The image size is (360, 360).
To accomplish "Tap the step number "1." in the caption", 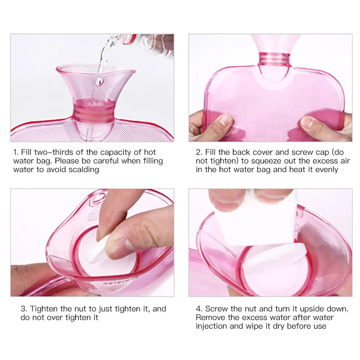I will pos(17,152).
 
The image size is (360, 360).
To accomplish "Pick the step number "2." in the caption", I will pos(199,152).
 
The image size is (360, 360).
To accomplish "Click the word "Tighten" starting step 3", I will pos(44,309).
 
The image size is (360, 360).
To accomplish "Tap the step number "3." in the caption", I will pos(24,309).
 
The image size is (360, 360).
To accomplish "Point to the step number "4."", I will pos(199,309).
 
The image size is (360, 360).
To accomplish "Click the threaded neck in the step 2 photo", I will pos(274,58).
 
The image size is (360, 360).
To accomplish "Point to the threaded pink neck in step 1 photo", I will pos(94,114).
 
